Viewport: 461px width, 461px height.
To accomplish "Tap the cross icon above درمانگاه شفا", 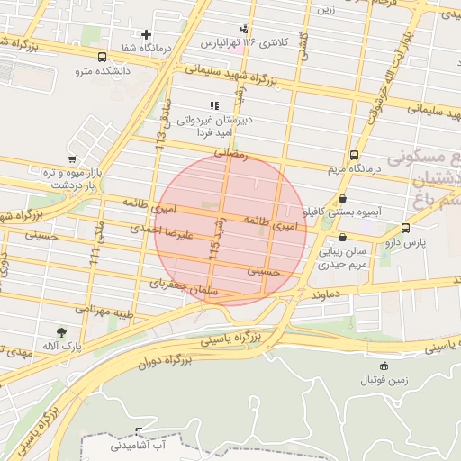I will point(146,34).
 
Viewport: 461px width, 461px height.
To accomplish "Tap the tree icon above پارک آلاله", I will point(61,332).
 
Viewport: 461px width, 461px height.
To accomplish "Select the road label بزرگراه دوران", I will point(166,363).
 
